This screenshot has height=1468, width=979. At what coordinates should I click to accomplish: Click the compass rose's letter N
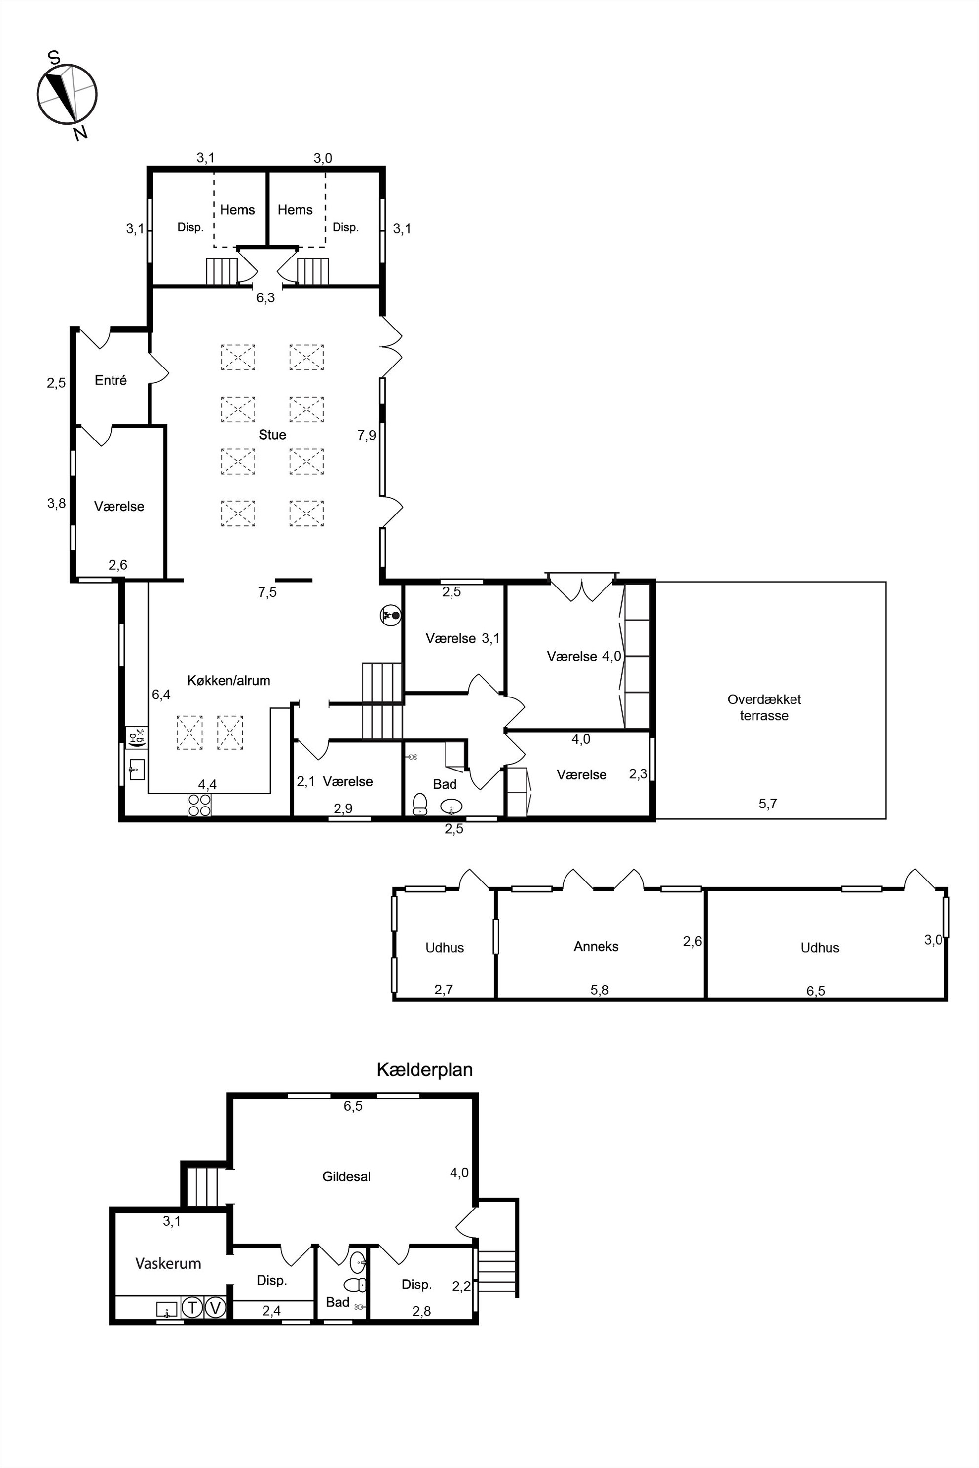79,133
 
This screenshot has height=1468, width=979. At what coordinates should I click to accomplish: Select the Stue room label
272,435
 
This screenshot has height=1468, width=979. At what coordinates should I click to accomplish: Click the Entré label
111,380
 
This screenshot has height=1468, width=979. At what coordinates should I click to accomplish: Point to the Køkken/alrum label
228,680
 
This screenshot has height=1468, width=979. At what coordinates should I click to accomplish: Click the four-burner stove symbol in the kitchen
199,805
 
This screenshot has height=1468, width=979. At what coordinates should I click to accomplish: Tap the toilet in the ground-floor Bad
419,804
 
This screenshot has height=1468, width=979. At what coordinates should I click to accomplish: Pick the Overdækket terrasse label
764,708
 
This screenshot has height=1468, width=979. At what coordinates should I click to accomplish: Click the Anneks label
596,946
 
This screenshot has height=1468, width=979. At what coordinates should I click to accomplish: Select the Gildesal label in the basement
346,1176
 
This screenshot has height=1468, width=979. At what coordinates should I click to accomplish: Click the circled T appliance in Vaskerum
192,1307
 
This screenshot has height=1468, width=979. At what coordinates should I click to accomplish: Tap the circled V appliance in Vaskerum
215,1307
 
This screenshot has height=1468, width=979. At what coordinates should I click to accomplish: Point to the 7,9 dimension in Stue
367,435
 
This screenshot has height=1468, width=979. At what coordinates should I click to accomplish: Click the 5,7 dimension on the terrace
768,804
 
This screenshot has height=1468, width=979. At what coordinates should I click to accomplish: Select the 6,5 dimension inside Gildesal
353,1106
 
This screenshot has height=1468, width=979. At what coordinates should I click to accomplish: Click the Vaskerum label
168,1263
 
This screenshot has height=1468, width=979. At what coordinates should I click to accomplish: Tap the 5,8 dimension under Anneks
600,990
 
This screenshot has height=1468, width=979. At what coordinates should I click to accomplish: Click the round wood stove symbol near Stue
391,616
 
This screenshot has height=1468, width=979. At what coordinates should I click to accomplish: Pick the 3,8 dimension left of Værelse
56,503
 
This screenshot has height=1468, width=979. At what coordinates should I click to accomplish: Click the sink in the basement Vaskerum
167,1308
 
